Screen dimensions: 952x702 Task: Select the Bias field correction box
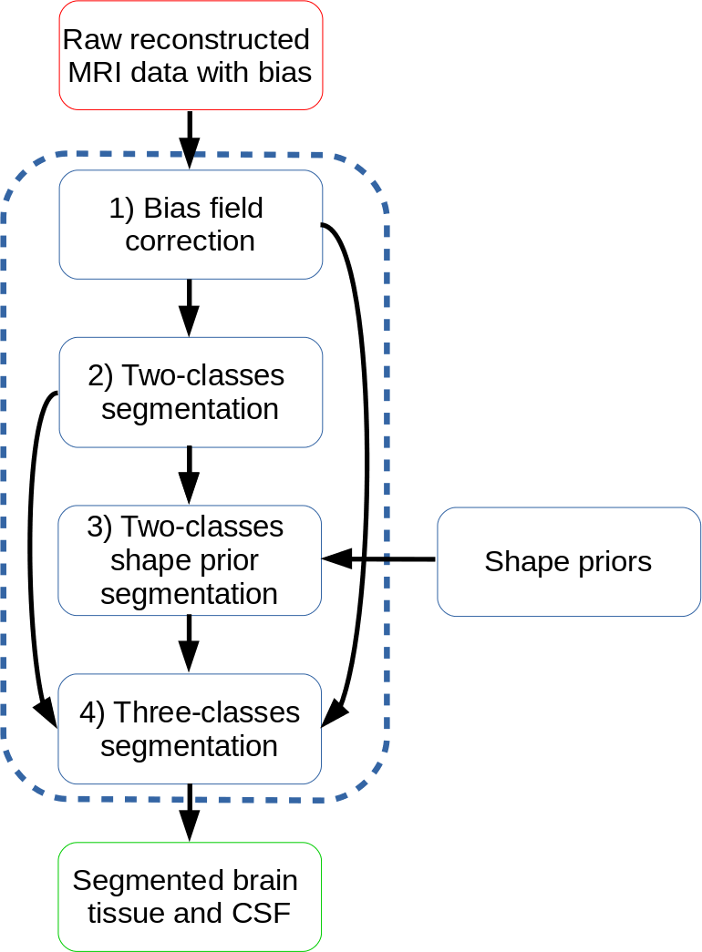pos(191,224)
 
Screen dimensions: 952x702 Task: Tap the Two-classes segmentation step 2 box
pos(191,392)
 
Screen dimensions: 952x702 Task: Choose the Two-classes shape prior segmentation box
pos(190,560)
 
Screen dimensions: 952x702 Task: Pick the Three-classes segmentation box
pos(190,729)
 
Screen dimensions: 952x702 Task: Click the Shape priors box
pos(568,561)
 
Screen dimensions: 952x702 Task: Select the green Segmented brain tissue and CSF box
pos(190,896)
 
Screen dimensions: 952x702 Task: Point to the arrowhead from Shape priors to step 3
pos(336,558)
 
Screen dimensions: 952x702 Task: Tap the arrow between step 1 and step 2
pos(190,307)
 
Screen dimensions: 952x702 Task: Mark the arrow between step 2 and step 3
pos(190,475)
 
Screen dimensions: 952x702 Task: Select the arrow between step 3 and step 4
pos(190,643)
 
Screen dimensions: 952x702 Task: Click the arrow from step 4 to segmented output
pos(190,811)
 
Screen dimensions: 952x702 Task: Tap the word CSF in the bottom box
pos(262,912)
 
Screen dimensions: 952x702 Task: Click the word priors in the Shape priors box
pos(608,562)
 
